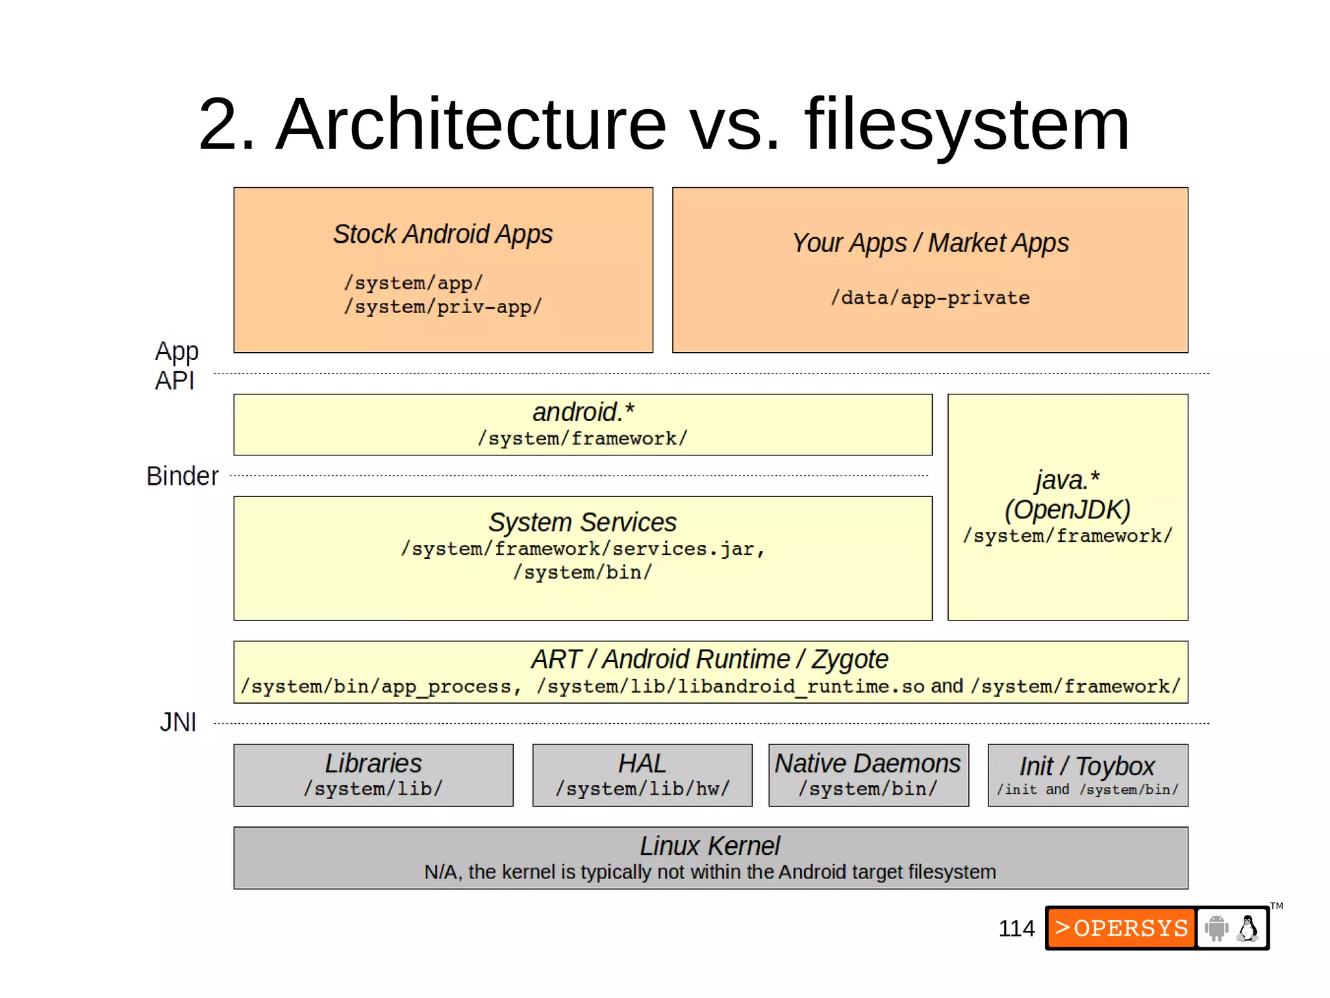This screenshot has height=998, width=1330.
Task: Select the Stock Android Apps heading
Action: pyautogui.click(x=443, y=235)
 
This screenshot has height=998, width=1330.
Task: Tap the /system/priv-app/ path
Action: pyautogui.click(x=443, y=307)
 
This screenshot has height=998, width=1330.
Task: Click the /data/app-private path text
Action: pyautogui.click(x=930, y=298)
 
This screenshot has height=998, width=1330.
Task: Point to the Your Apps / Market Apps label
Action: pyautogui.click(x=930, y=243)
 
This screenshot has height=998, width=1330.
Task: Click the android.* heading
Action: pyautogui.click(x=583, y=412)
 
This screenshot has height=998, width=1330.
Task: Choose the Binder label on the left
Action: pyautogui.click(x=182, y=476)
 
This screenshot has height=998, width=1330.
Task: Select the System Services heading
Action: pyautogui.click(x=583, y=522)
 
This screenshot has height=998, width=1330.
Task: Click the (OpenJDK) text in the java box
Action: pyautogui.click(x=1067, y=509)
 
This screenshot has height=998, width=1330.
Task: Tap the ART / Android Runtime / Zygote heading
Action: pyautogui.click(x=710, y=659)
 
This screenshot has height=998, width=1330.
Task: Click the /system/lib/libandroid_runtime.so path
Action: pyautogui.click(x=730, y=687)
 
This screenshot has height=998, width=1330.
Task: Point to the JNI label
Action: pyautogui.click(x=178, y=723)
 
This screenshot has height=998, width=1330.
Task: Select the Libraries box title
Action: pyautogui.click(x=373, y=763)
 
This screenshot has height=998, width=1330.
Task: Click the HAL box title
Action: pyautogui.click(x=642, y=763)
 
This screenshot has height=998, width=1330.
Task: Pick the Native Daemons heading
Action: pyautogui.click(x=868, y=763)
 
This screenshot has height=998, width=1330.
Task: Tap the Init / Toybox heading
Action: pyautogui.click(x=1087, y=767)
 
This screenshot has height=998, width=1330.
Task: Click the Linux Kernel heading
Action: pyautogui.click(x=710, y=846)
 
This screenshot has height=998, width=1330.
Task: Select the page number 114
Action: pyautogui.click(x=1016, y=928)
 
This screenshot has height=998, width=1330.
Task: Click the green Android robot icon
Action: pyautogui.click(x=1216, y=928)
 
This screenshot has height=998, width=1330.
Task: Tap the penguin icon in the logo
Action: pyautogui.click(x=1248, y=928)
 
